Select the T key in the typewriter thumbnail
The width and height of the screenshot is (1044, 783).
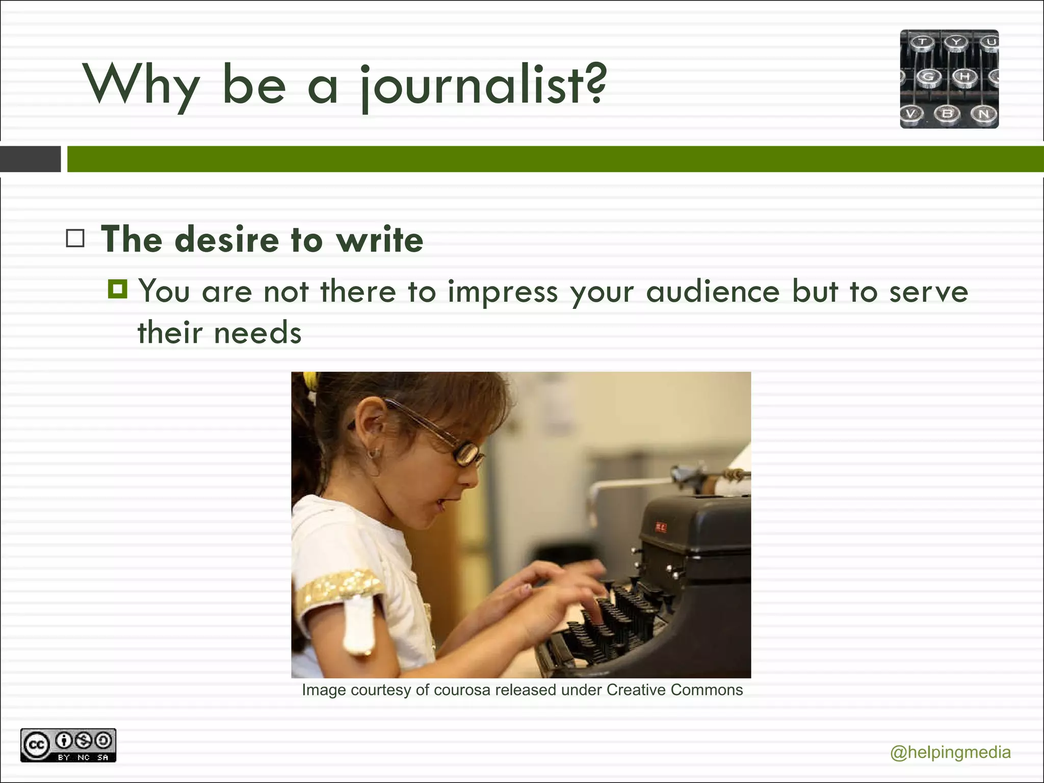coord(922,42)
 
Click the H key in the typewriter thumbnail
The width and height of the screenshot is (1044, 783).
coord(964,77)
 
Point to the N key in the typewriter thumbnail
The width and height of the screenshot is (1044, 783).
coord(983,114)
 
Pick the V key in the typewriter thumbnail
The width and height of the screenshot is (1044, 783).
coord(911,114)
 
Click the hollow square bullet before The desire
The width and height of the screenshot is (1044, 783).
coord(75,239)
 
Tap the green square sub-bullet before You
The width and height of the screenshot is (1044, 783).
coord(118,289)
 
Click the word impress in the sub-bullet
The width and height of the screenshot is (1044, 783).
coord(503,292)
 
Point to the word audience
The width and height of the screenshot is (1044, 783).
coord(713,292)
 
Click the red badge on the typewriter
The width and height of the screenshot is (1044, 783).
coord(660,527)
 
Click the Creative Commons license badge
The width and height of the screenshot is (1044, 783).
coord(68,745)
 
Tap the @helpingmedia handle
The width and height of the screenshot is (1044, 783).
coord(950,752)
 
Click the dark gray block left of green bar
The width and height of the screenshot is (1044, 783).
coord(31,159)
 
